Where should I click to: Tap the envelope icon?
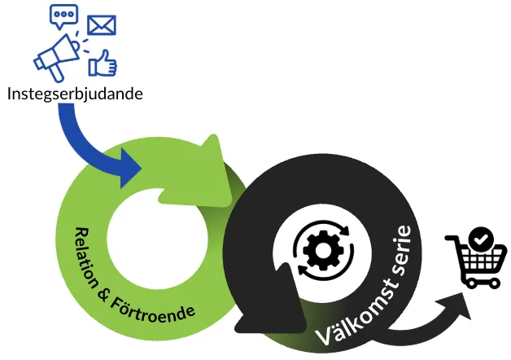coord(102,25)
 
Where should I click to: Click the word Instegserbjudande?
coord(75,94)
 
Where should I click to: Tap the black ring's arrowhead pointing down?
coord(256,314)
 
